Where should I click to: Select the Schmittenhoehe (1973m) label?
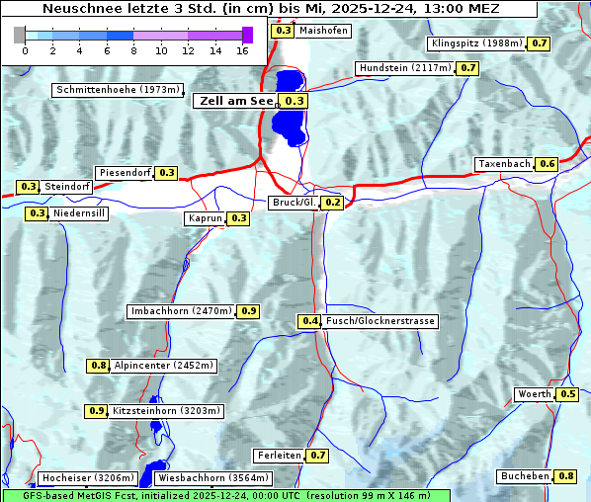(x=118, y=90)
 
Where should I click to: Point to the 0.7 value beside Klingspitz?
(x=539, y=43)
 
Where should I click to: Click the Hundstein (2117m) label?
(x=405, y=68)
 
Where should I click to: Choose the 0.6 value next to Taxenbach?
(x=547, y=163)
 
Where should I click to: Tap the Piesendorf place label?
(x=125, y=173)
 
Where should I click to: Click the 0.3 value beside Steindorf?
(x=28, y=187)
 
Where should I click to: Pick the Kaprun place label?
(x=205, y=218)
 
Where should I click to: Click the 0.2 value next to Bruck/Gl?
(x=332, y=203)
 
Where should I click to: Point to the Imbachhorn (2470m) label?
(x=181, y=311)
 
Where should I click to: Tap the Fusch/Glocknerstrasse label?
(x=380, y=321)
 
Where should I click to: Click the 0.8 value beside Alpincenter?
(x=98, y=366)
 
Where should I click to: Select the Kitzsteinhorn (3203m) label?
(x=167, y=411)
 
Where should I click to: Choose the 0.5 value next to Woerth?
(x=567, y=394)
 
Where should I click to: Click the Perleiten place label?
(x=278, y=456)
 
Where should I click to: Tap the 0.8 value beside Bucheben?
(x=566, y=476)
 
